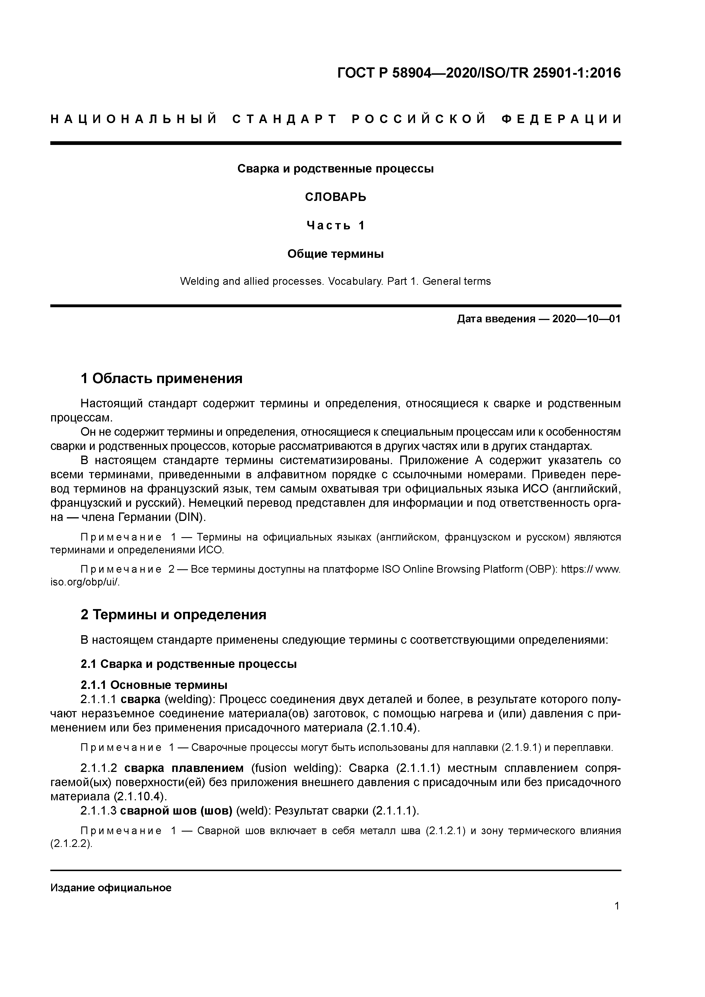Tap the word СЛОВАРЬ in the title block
coord(335,197)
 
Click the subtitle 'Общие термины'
coord(335,254)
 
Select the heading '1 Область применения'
coord(161,379)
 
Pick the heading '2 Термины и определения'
coord(173,615)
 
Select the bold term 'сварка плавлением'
coord(184,768)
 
